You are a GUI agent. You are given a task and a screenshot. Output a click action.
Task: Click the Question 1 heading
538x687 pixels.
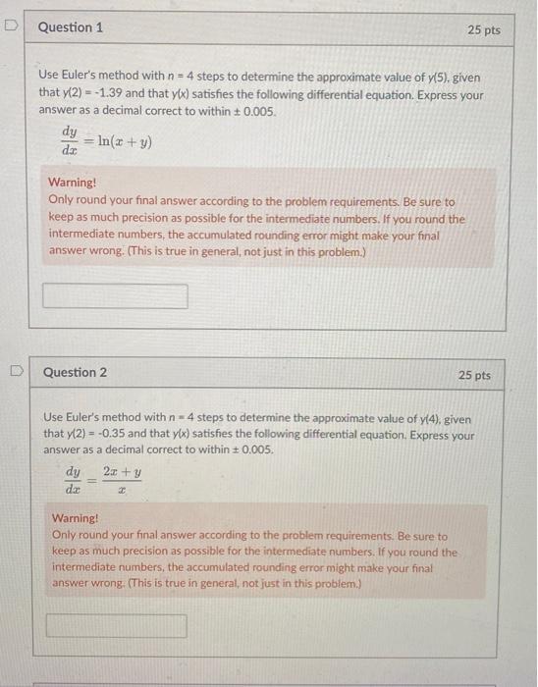point(70,27)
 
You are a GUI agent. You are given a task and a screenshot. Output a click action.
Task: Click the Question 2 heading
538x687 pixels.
point(76,373)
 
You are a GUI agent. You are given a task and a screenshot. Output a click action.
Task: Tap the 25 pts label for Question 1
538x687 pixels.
point(484,30)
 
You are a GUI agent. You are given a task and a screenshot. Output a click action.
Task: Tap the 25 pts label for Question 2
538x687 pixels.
point(475,376)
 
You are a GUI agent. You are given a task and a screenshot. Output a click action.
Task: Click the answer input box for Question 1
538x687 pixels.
point(116,295)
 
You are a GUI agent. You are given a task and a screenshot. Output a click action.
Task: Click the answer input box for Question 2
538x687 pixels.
point(116,625)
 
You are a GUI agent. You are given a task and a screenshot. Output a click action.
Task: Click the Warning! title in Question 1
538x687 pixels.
point(73,183)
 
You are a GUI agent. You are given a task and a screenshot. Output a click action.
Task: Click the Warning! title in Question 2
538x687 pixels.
point(76,518)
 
